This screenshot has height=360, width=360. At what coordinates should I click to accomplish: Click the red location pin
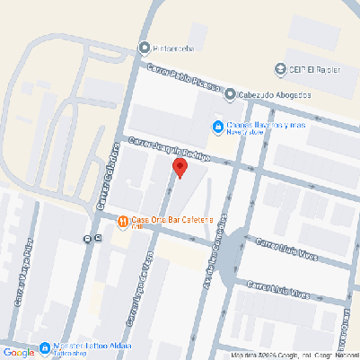[x=180, y=168]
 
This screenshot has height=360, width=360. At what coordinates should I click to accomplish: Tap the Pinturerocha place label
[x=180, y=48]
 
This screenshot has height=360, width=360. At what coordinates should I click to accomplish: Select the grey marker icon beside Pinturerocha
[x=145, y=48]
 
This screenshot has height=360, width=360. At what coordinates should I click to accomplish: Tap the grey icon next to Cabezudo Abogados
[x=231, y=93]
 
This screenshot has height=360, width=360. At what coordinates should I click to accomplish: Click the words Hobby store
[x=244, y=134]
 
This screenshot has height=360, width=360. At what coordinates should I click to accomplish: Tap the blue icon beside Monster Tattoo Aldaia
[x=44, y=348]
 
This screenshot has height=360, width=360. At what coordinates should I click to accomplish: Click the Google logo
[x=18, y=351]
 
